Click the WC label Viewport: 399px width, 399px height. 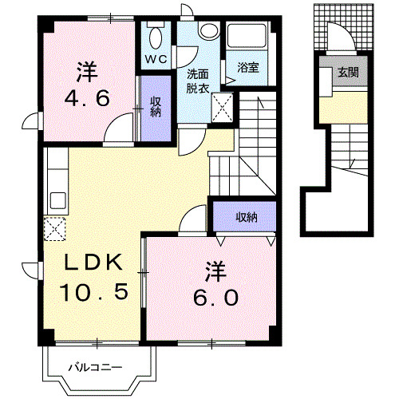[155, 59]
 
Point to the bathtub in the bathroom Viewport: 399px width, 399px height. [248, 39]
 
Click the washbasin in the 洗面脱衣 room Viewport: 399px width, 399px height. [209, 30]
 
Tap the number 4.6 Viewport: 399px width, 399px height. [86, 101]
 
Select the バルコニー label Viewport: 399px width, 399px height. [94, 367]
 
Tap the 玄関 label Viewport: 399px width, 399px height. [347, 72]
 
